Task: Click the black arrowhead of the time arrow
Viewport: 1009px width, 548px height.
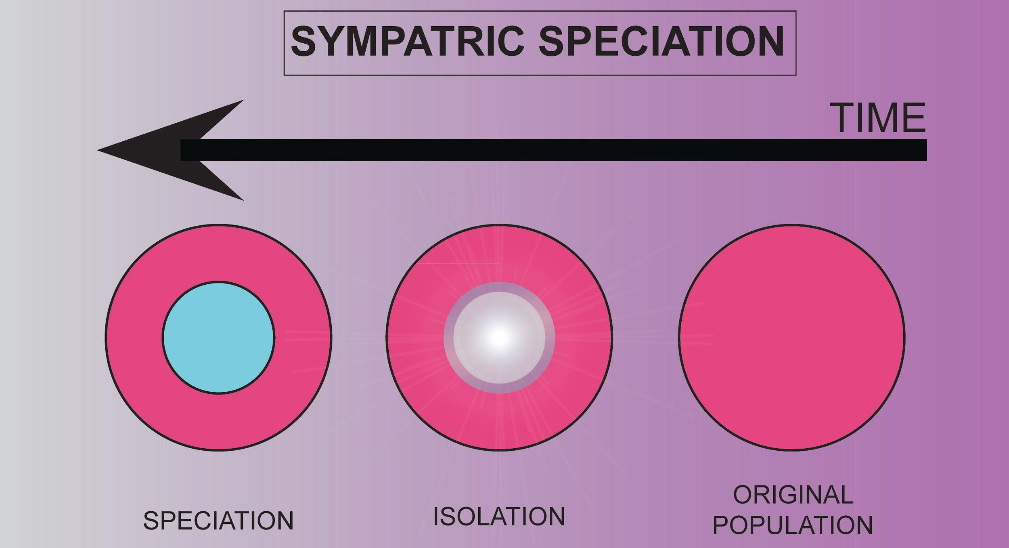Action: (x=161, y=150)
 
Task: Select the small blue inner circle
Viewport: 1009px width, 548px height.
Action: (x=218, y=337)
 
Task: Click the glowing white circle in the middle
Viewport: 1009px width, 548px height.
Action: (x=499, y=337)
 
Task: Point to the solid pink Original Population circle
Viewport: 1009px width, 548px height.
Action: (x=791, y=337)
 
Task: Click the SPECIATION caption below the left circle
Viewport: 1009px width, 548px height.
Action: (x=218, y=521)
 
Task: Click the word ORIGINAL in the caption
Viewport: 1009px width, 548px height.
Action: (x=793, y=495)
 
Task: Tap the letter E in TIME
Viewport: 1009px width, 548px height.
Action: (x=914, y=118)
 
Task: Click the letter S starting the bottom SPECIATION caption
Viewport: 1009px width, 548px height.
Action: (x=150, y=521)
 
